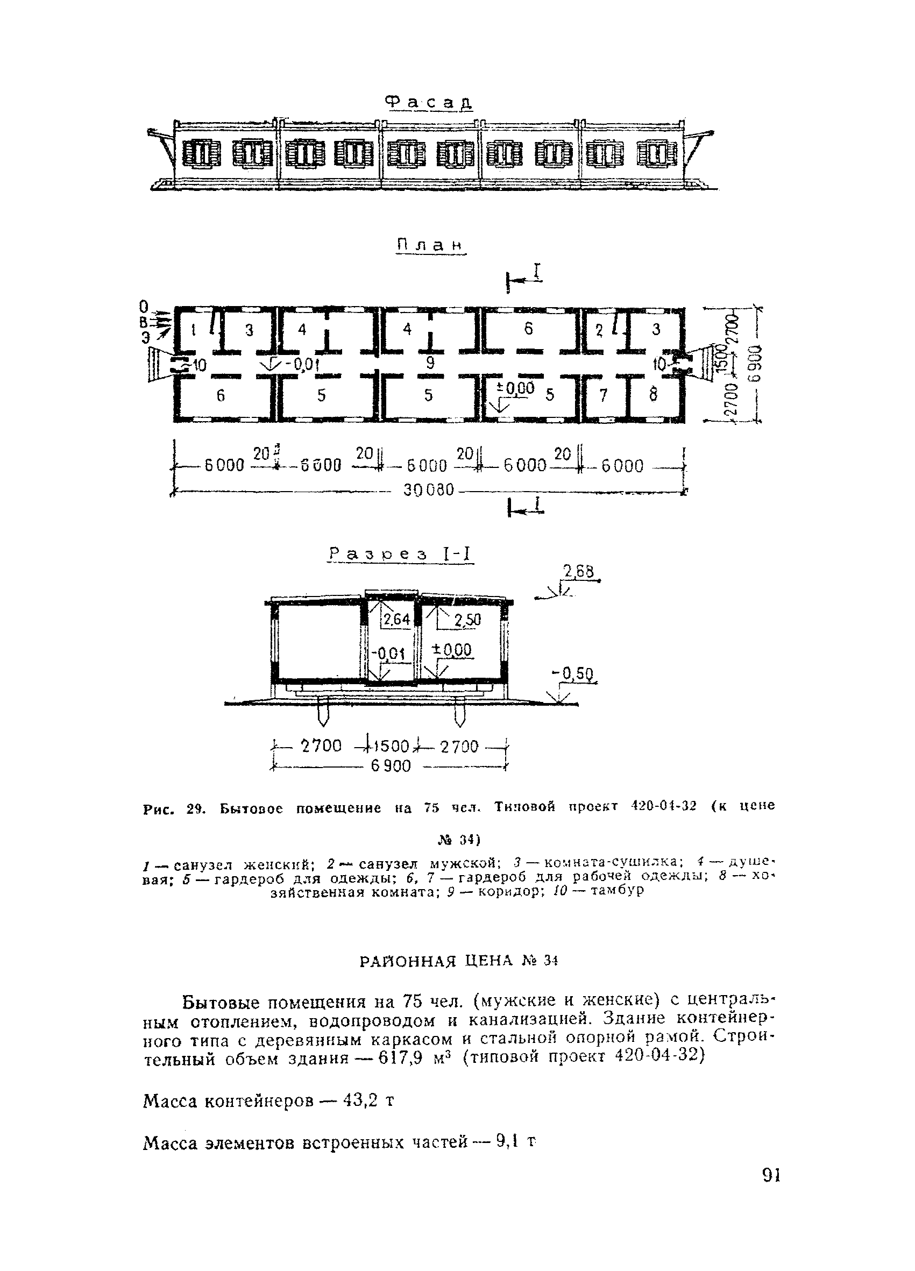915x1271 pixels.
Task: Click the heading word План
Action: (x=431, y=245)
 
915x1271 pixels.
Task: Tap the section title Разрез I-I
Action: (x=400, y=554)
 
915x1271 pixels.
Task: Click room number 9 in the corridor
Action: (x=430, y=363)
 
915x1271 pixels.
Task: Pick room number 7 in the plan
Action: (x=603, y=396)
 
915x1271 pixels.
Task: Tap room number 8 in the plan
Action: (x=654, y=395)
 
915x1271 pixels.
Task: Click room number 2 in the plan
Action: (x=598, y=331)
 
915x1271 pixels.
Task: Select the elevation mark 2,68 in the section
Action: (x=578, y=571)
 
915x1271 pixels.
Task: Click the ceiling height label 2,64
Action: (x=396, y=619)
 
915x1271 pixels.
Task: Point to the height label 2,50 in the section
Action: (x=467, y=620)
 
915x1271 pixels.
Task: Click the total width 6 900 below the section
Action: (x=391, y=765)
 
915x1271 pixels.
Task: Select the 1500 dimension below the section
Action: (x=389, y=747)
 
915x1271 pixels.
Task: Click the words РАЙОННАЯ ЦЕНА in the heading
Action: (x=435, y=962)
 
